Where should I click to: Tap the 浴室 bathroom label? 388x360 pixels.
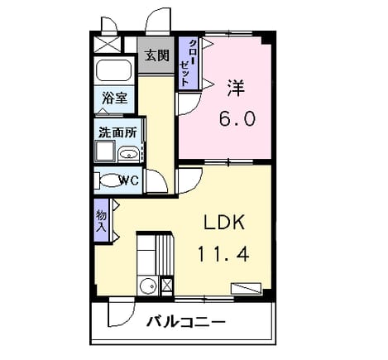point(114,98)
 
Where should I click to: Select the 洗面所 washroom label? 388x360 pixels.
point(117,132)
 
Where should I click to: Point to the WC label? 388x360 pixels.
point(128,180)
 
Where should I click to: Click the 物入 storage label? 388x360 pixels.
point(101,221)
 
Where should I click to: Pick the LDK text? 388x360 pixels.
point(224,223)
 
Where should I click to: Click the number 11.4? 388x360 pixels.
point(223,254)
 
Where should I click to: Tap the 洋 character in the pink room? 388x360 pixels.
point(236,88)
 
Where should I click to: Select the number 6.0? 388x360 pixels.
point(237,118)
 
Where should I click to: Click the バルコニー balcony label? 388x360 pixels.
point(186,322)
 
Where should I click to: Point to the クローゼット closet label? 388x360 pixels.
point(188,63)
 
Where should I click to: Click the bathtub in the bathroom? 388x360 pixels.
point(113,70)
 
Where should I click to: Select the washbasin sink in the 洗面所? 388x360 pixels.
point(128,154)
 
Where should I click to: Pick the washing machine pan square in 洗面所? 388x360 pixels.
point(105,151)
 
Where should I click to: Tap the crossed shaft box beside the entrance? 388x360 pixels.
point(107,44)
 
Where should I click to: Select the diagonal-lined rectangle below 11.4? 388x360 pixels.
point(246,288)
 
